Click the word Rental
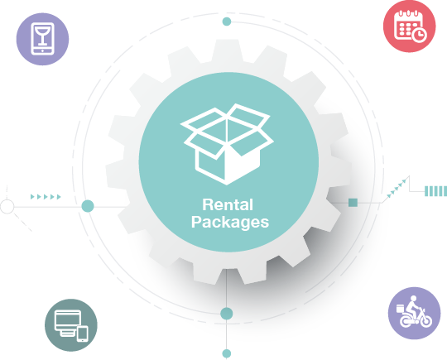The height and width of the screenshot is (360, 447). tap(228, 204)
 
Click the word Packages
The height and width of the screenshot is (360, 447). tap(230, 222)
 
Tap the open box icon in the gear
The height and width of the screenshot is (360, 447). tap(227, 144)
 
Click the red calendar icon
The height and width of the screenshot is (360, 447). tap(410, 26)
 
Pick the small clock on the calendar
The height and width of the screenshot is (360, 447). tap(419, 35)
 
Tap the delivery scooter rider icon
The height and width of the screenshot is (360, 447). tap(413, 314)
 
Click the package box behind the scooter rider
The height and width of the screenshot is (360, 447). tap(401, 309)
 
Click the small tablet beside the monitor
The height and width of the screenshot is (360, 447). tap(83, 334)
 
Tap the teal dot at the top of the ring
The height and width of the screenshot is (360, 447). tap(227, 22)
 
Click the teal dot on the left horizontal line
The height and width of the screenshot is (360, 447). tap(88, 206)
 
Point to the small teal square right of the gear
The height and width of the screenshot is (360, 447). tap(353, 203)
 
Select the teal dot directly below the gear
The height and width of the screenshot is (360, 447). tap(227, 314)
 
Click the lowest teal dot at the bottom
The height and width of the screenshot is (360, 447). tap(227, 353)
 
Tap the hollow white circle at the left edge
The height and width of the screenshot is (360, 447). tap(7, 207)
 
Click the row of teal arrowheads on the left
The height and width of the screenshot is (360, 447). tap(46, 197)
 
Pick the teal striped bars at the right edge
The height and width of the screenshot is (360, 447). tap(435, 191)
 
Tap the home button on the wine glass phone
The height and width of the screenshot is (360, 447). tap(42, 50)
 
